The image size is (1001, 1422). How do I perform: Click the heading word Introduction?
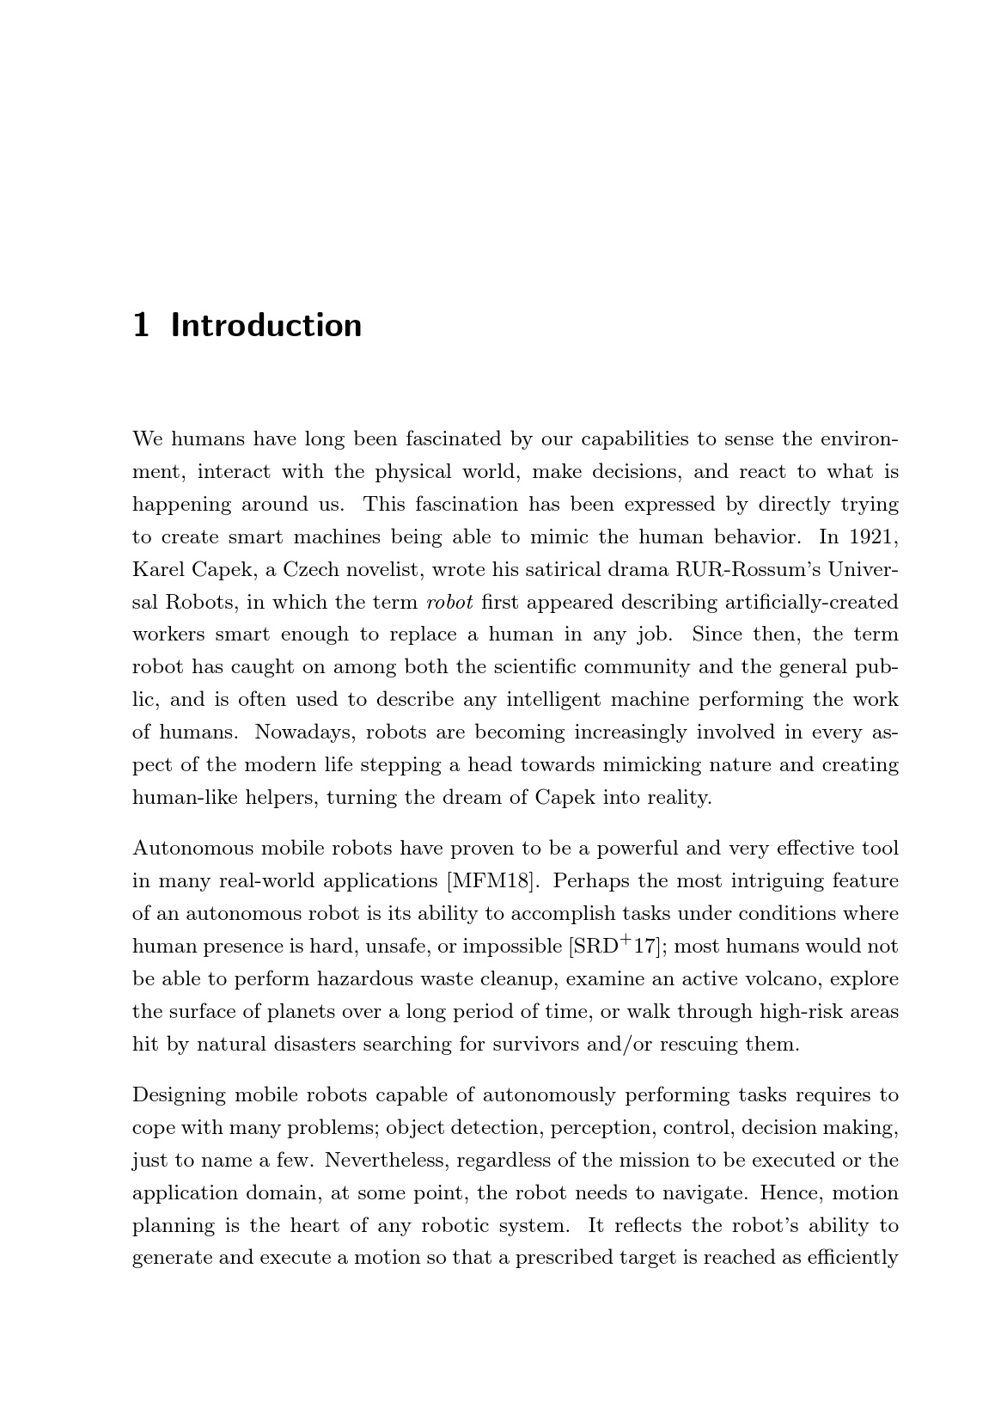[x=266, y=326]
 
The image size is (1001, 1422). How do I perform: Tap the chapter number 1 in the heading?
[x=142, y=326]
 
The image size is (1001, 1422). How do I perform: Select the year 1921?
[x=873, y=537]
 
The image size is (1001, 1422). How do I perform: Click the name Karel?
[x=156, y=570]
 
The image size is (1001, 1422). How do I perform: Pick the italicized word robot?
[x=449, y=602]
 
